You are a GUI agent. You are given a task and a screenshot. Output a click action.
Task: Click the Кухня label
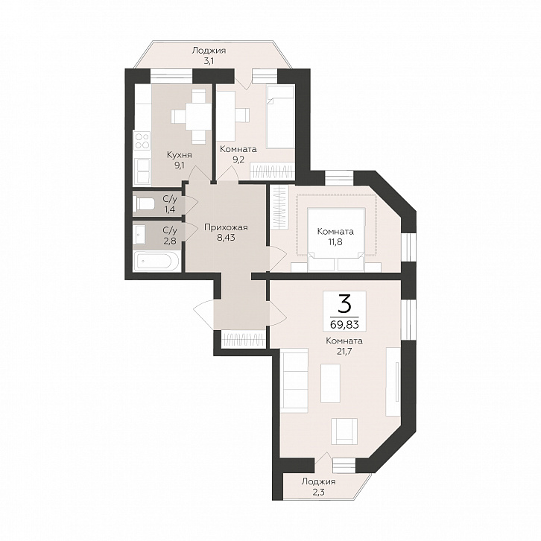click(x=179, y=155)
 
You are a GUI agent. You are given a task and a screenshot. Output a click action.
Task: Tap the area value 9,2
click(x=238, y=160)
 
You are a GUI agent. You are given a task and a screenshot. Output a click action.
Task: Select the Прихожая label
click(x=226, y=228)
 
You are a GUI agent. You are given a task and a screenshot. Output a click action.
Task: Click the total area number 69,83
click(x=345, y=324)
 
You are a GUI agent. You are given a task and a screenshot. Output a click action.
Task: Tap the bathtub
click(x=156, y=262)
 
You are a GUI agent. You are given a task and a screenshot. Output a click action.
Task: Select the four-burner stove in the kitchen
click(x=142, y=141)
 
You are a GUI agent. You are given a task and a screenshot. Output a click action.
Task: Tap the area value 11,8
click(x=335, y=242)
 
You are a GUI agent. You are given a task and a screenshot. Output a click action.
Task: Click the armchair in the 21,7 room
click(x=344, y=431)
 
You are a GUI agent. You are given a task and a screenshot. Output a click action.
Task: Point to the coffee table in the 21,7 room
click(x=330, y=383)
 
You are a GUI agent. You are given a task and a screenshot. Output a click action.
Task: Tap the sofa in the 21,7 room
click(x=294, y=380)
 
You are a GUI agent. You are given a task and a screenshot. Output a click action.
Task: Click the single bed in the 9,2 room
click(x=280, y=117)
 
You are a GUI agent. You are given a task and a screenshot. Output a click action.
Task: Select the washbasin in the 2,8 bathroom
click(x=139, y=234)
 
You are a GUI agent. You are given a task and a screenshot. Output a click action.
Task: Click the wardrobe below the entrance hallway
click(x=244, y=340)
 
